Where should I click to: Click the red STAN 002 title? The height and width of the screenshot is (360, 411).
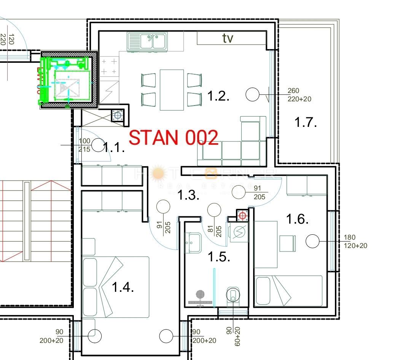174,138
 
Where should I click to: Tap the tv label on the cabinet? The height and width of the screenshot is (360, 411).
228,38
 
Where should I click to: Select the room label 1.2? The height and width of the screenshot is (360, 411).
218,96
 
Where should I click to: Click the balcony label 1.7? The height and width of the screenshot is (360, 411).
306,122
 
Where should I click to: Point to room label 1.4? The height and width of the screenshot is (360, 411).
123,287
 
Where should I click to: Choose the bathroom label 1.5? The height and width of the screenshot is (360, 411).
219,257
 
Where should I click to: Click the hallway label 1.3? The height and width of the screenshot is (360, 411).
189,195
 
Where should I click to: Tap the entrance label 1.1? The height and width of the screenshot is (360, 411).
114,147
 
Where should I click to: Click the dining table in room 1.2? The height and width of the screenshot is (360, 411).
172,90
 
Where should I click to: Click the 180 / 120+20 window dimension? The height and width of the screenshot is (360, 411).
355,242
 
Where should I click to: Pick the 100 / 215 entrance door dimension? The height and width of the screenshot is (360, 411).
84,145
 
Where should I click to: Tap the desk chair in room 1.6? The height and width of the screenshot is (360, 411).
288,243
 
